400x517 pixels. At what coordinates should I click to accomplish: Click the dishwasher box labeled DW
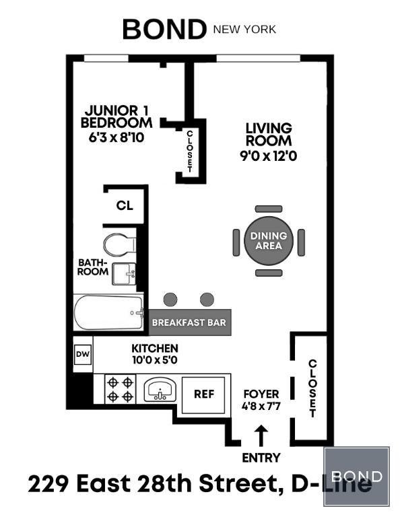(83, 355)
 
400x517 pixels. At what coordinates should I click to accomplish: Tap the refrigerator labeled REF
(204, 394)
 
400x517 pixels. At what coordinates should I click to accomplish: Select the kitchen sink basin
(160, 390)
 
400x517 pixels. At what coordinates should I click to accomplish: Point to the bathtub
(109, 312)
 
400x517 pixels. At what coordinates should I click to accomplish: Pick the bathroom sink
(124, 274)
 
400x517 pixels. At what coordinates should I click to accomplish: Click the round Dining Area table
(269, 241)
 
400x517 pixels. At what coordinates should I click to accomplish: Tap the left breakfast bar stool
(170, 300)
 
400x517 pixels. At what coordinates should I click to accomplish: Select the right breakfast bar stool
(207, 300)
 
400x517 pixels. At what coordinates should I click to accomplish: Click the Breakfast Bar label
(189, 322)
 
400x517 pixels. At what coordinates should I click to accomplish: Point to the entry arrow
(261, 436)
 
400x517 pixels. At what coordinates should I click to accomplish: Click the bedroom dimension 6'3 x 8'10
(116, 137)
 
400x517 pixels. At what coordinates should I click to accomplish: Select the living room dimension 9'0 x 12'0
(269, 156)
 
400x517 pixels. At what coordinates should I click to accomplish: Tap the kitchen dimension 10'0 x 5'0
(155, 359)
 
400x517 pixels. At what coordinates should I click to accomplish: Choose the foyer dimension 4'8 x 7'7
(261, 406)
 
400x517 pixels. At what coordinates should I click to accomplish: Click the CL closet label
(125, 206)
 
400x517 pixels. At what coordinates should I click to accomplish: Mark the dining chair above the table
(269, 209)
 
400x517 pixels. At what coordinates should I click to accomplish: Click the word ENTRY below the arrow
(261, 458)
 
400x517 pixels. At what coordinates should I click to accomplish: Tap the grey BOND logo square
(356, 477)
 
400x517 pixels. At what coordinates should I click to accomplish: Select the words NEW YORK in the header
(244, 30)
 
